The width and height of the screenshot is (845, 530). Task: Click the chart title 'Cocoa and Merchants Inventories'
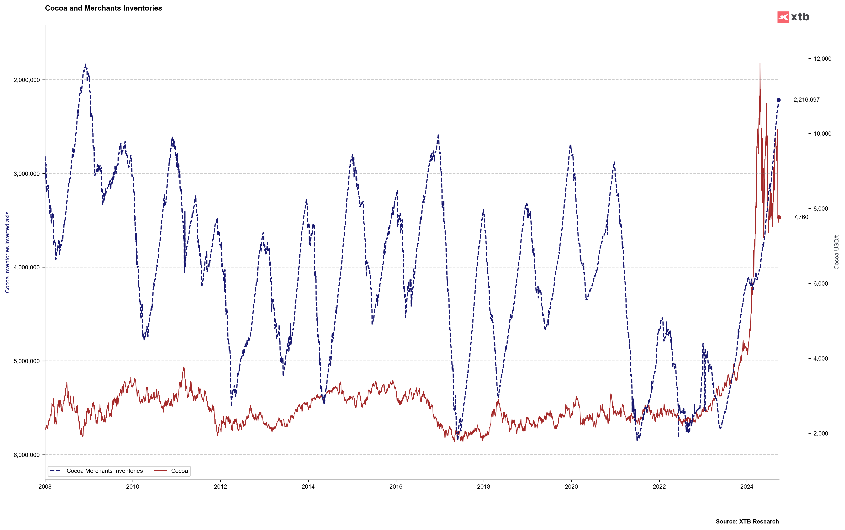pyautogui.click(x=103, y=8)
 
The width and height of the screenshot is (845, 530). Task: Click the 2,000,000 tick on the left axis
pyautogui.click(x=27, y=80)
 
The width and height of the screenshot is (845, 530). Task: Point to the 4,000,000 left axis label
pyautogui.click(x=27, y=267)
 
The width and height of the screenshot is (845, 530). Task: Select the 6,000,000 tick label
pyautogui.click(x=27, y=455)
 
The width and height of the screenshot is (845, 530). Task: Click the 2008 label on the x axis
pyautogui.click(x=45, y=487)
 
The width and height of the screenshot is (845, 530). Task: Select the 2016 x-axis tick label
pyautogui.click(x=396, y=487)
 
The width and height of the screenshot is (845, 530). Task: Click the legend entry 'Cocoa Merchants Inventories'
pyautogui.click(x=104, y=471)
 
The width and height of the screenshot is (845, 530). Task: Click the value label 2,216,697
pyautogui.click(x=806, y=100)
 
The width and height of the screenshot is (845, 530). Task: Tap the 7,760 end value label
pyautogui.click(x=801, y=217)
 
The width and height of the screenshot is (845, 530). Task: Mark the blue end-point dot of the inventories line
pyautogui.click(x=779, y=100)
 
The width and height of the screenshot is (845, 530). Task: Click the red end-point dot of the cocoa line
pyautogui.click(x=779, y=217)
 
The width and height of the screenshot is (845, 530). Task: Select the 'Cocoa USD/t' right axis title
pyautogui.click(x=836, y=252)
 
